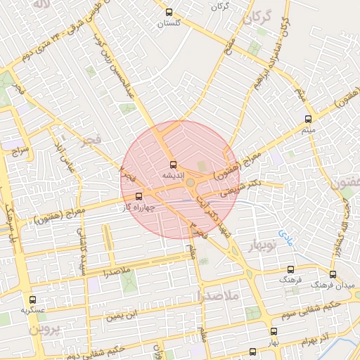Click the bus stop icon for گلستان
168,12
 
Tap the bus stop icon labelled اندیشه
174,165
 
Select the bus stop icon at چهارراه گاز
139,197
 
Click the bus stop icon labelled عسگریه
32,300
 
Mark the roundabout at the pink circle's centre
191,184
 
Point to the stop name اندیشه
173,174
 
